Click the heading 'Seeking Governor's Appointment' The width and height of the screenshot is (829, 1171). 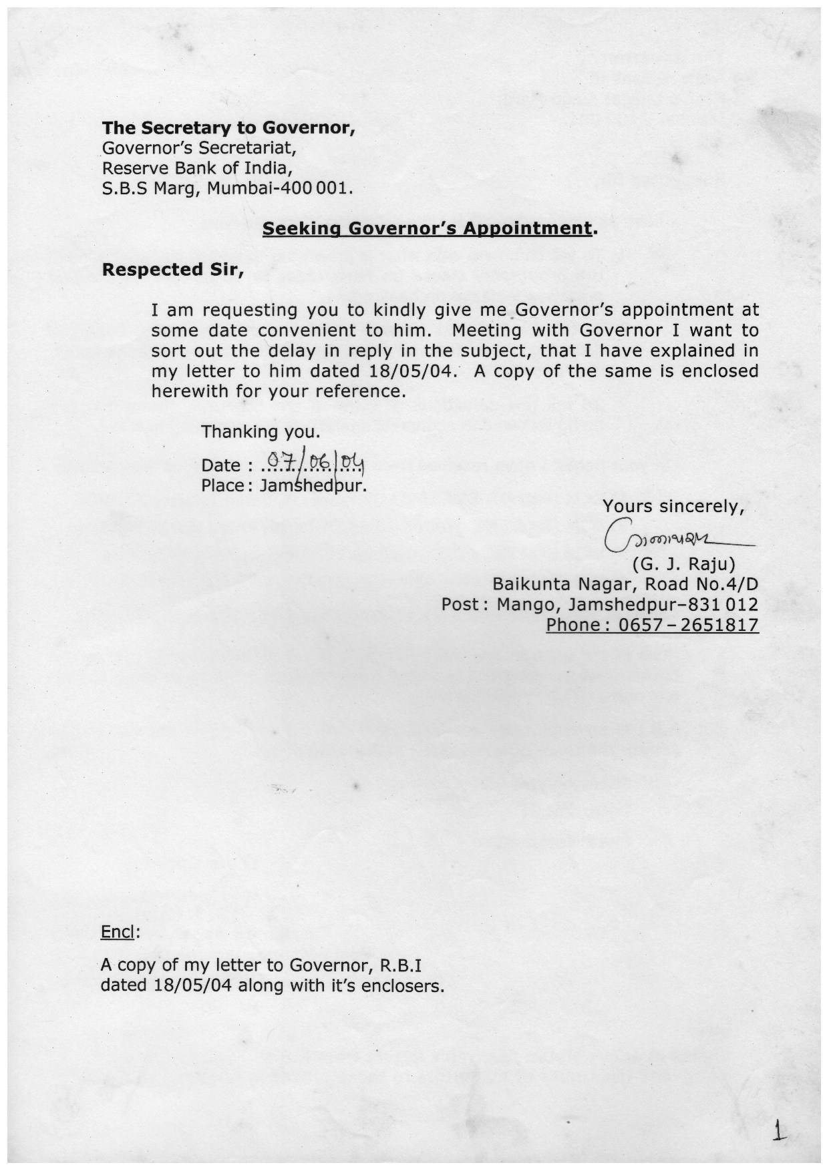428,228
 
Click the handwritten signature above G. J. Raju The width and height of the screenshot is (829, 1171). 675,536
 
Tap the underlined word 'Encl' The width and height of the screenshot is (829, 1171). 118,932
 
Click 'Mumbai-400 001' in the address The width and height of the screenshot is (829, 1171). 277,188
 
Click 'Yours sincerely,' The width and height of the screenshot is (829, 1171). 673,507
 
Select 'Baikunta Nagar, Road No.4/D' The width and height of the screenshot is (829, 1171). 625,585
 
